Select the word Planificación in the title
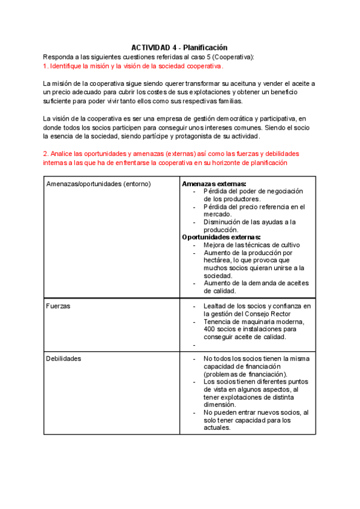(204, 48)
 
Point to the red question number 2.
(46, 154)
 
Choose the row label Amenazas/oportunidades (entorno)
(98, 184)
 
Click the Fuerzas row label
(58, 306)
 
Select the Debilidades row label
(64, 358)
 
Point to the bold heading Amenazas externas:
(214, 184)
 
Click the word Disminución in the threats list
(223, 222)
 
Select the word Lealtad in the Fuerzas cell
(216, 306)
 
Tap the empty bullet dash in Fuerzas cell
(194, 345)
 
